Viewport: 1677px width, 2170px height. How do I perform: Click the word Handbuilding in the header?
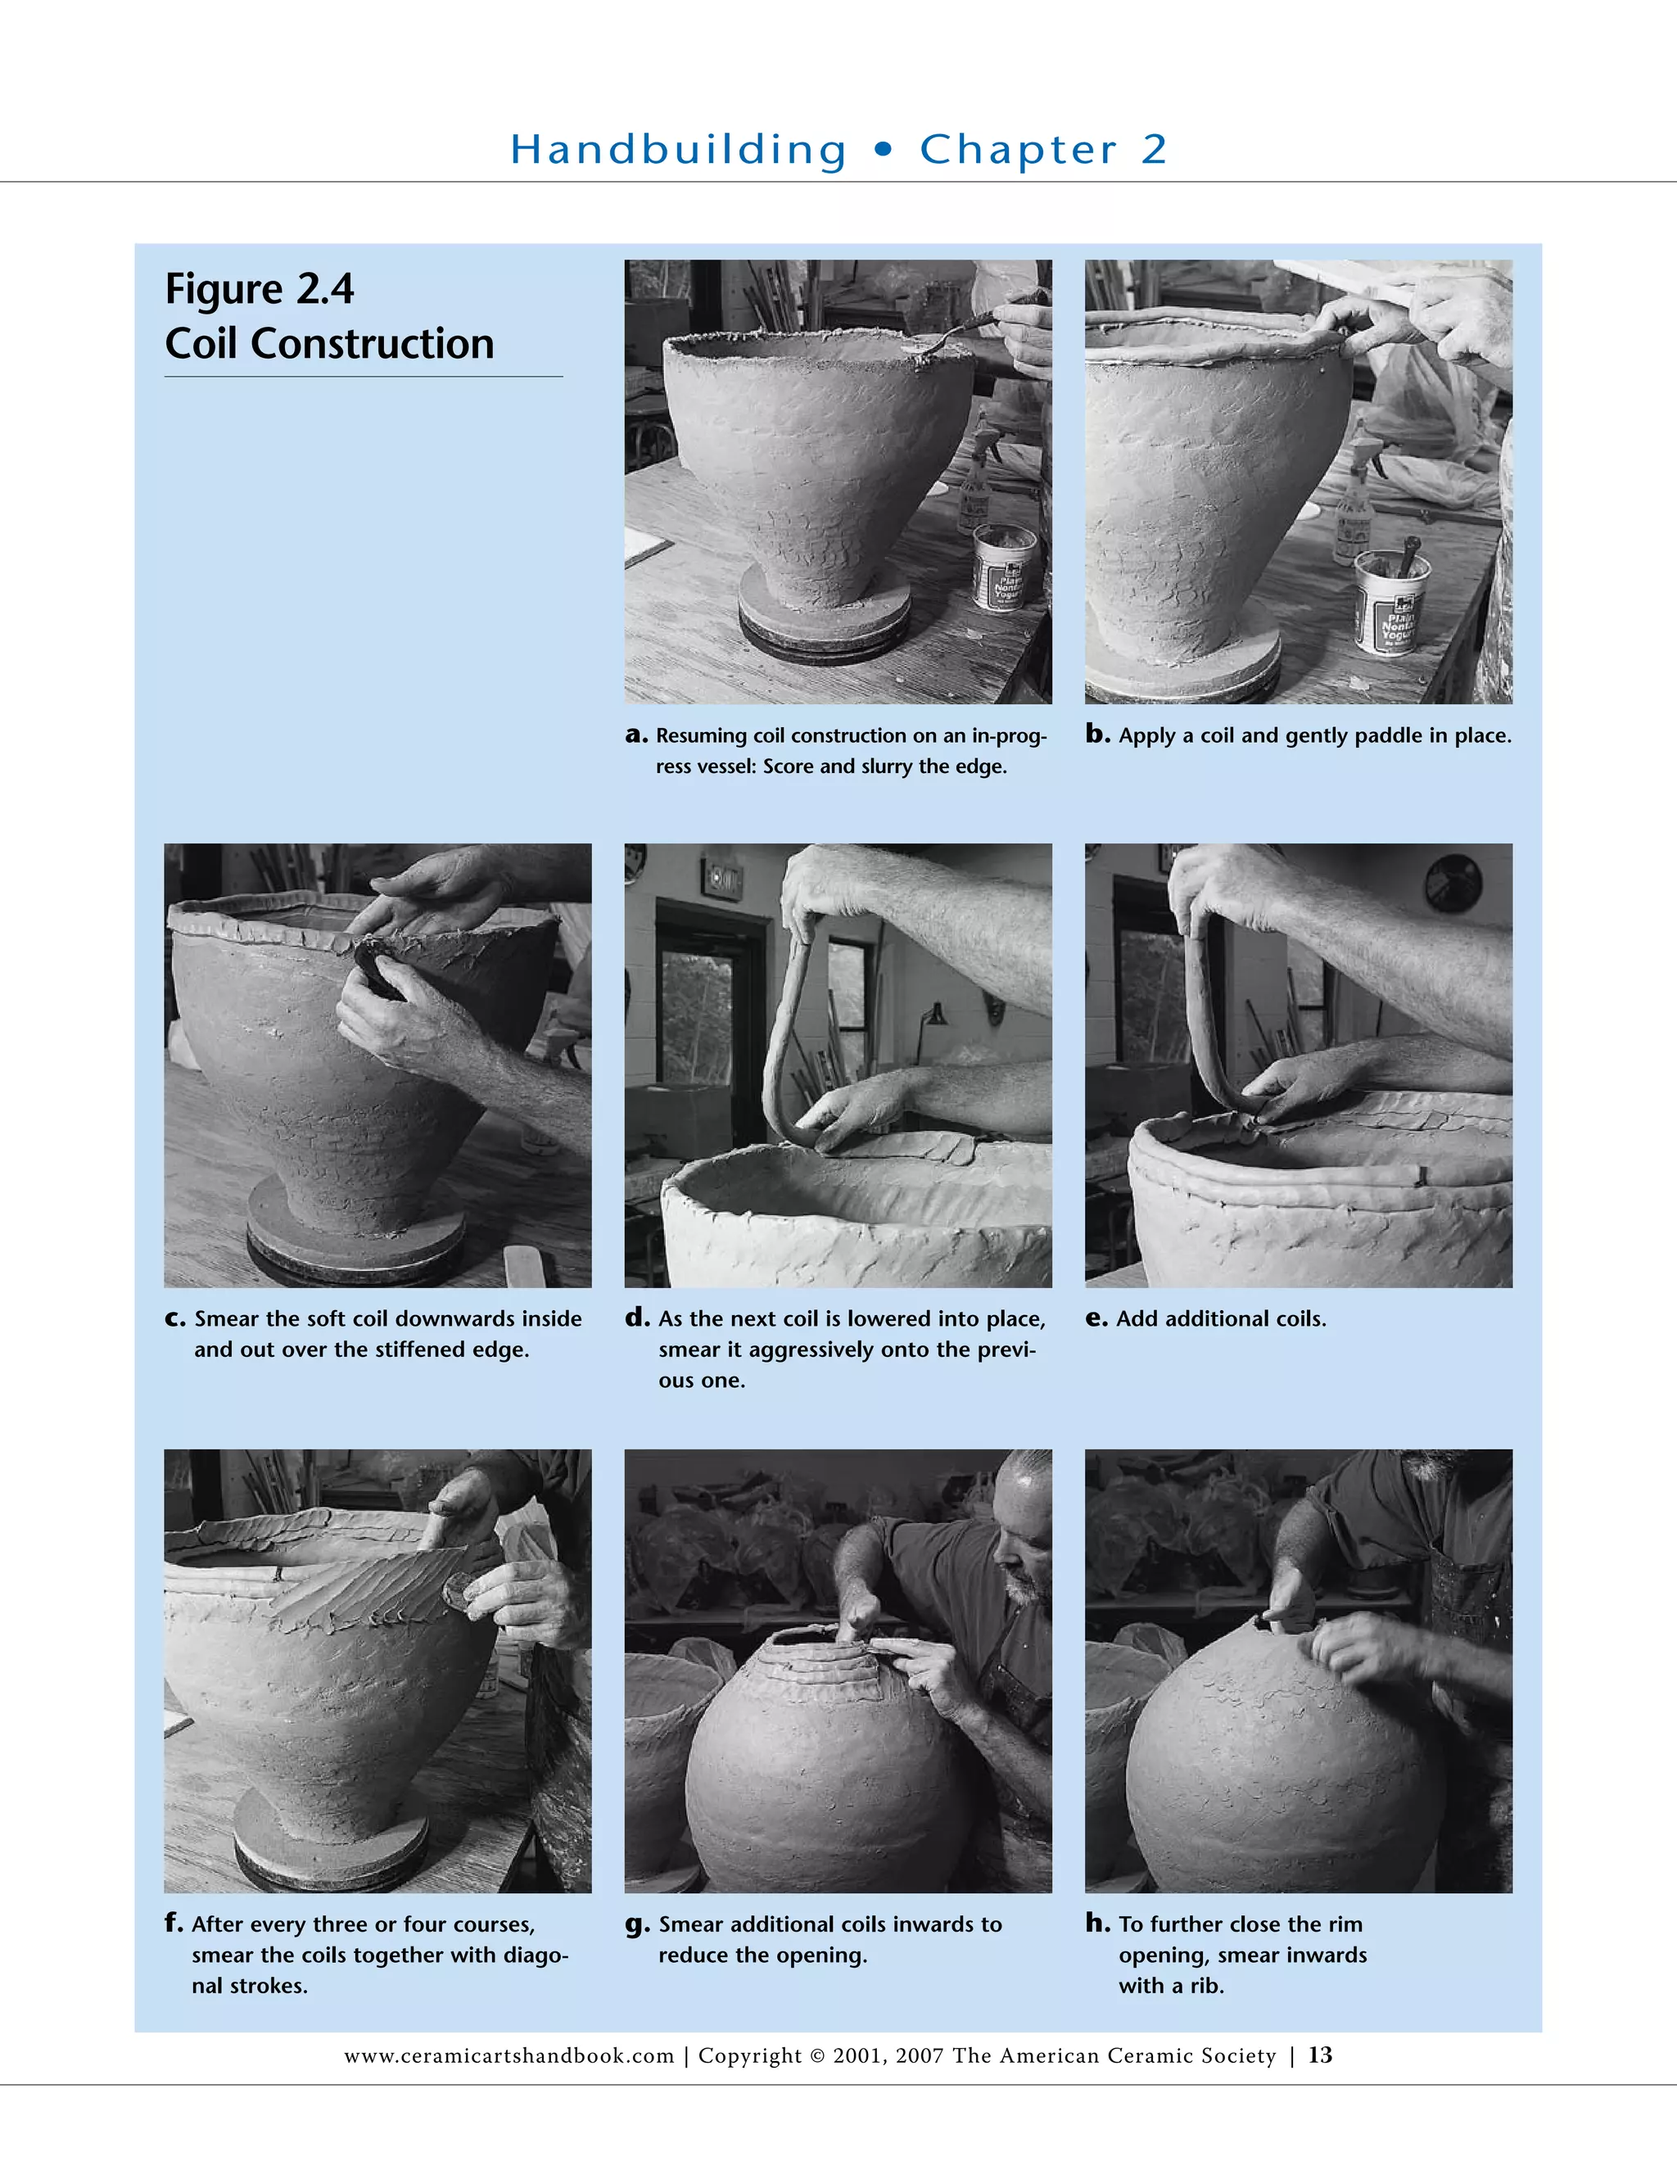(x=679, y=150)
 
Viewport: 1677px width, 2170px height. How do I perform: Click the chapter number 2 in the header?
(x=1154, y=149)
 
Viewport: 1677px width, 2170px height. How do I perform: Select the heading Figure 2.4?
(x=260, y=289)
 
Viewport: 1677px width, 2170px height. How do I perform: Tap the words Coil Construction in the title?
(x=329, y=344)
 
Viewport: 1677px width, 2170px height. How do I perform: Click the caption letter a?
(x=635, y=735)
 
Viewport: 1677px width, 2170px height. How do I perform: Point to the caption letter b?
(x=1096, y=735)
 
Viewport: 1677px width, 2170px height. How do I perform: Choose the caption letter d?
(x=637, y=1318)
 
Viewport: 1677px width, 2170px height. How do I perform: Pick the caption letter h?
(x=1098, y=1923)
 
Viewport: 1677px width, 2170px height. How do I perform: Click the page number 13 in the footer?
(x=1319, y=2055)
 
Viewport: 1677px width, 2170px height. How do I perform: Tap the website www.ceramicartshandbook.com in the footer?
(x=509, y=2055)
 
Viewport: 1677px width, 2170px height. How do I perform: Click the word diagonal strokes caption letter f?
(x=173, y=1923)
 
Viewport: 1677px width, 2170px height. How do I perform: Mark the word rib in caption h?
(x=1205, y=1985)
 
